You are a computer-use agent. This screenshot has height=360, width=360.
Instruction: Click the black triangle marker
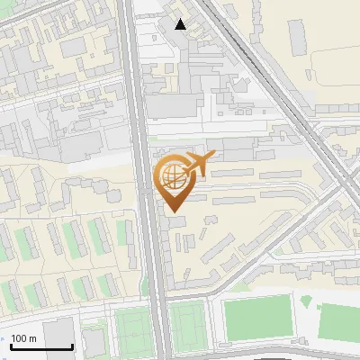[181, 24]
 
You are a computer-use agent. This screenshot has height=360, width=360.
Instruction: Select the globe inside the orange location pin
[172, 176]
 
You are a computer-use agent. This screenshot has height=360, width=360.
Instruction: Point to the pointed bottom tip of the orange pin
[173, 211]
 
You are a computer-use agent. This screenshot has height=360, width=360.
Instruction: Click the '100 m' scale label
[24, 338]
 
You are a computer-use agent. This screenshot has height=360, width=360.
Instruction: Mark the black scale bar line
[41, 346]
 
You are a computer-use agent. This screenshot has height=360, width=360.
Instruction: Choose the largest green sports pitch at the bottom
[256, 319]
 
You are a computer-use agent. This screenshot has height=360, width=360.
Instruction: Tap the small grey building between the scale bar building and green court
[93, 339]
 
